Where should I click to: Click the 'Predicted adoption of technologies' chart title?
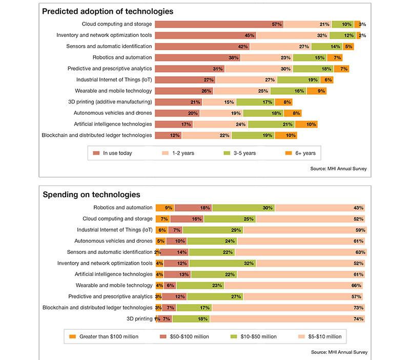(108, 11)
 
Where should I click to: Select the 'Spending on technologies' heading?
(91, 195)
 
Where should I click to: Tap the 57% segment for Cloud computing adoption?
(219, 24)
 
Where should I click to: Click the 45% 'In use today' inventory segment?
(205, 35)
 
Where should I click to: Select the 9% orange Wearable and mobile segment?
(317, 91)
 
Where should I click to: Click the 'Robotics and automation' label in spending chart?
(123, 207)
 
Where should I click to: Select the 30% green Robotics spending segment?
(243, 207)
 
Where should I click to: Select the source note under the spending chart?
(339, 352)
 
